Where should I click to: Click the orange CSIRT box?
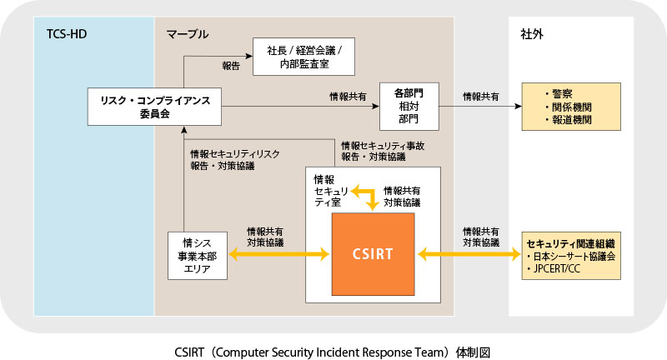(372, 253)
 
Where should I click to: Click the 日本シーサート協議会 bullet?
(573, 257)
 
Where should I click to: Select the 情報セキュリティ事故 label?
(383, 145)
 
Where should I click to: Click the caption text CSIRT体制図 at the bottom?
(333, 343)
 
